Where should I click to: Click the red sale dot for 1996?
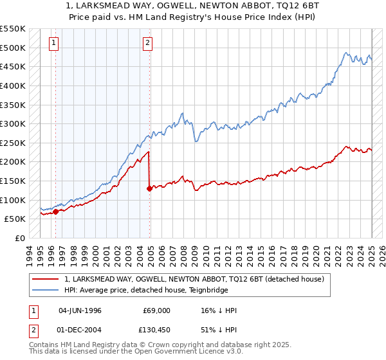point(56,211)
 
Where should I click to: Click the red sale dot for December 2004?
point(150,188)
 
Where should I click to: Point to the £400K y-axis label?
point(13,85)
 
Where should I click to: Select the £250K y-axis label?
point(13,143)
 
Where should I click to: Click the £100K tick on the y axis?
point(13,200)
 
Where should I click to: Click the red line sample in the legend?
point(45,279)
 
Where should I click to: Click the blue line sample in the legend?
point(45,290)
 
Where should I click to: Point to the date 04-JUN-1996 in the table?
point(80,310)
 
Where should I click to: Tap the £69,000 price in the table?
point(157,310)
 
